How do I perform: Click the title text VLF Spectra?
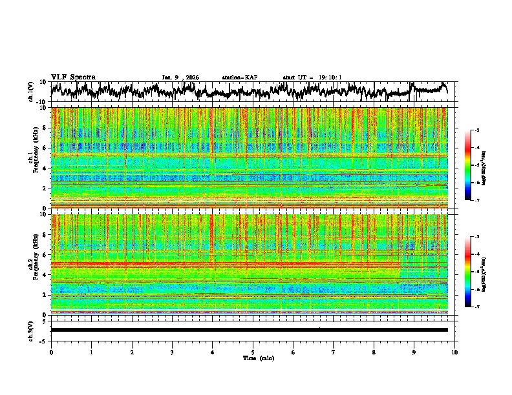click(x=73, y=77)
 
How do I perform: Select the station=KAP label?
click(x=240, y=77)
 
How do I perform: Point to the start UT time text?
click(x=312, y=77)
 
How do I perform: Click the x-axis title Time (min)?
click(x=253, y=358)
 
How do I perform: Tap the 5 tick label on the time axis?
click(x=253, y=352)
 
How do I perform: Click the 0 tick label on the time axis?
click(x=51, y=352)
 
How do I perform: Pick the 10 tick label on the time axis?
click(x=454, y=352)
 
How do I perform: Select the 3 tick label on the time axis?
click(x=172, y=352)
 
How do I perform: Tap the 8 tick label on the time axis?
click(x=374, y=352)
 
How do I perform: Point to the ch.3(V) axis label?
click(x=31, y=330)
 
